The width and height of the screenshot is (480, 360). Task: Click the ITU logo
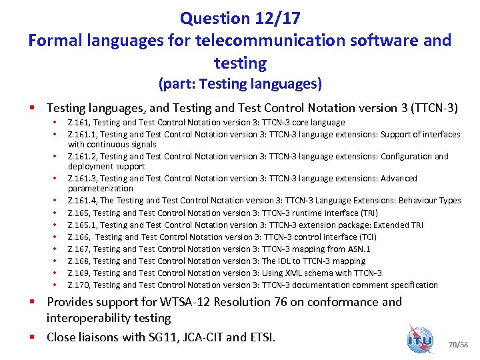click(419, 339)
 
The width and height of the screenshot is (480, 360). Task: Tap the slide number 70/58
click(459, 345)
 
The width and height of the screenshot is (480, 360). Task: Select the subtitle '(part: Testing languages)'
click(239, 84)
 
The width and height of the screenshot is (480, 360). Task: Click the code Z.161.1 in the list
click(82, 134)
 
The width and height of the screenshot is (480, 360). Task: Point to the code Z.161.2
click(82, 157)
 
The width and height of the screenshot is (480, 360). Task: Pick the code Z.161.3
click(82, 179)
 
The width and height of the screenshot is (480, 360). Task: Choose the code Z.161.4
click(82, 201)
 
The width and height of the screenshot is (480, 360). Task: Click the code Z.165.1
click(82, 225)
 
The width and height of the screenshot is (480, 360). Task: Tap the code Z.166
click(79, 237)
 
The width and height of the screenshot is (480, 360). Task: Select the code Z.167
click(79, 249)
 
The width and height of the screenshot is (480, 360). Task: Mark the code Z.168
click(79, 261)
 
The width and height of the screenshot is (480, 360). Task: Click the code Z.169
click(79, 273)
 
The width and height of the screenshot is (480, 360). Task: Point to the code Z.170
click(79, 285)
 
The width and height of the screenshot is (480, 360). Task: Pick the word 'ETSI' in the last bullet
click(261, 337)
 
